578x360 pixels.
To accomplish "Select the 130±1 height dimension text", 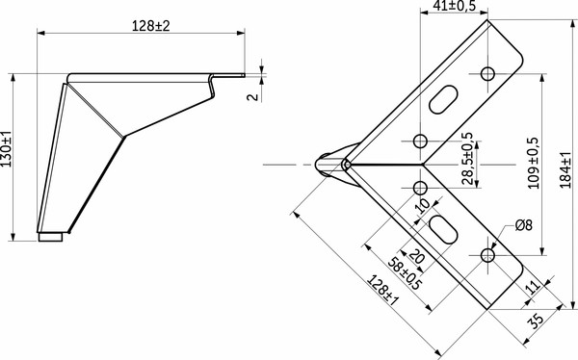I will pyautogui.click(x=8, y=153).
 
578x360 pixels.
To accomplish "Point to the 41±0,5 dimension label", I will pyautogui.click(x=456, y=7).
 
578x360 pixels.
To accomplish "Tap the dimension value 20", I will pyautogui.click(x=415, y=257).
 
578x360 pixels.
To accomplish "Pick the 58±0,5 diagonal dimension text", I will pyautogui.click(x=403, y=271).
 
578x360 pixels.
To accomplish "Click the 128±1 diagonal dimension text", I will pyautogui.click(x=382, y=291).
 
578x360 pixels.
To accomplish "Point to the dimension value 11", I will pyautogui.click(x=531, y=286).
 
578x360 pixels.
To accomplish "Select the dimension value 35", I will pyautogui.click(x=536, y=318).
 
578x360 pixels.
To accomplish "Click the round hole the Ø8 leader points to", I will pyautogui.click(x=487, y=255).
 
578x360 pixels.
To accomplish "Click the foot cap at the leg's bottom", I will pyautogui.click(x=53, y=235).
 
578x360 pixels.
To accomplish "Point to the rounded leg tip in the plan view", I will pyautogui.click(x=332, y=165).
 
